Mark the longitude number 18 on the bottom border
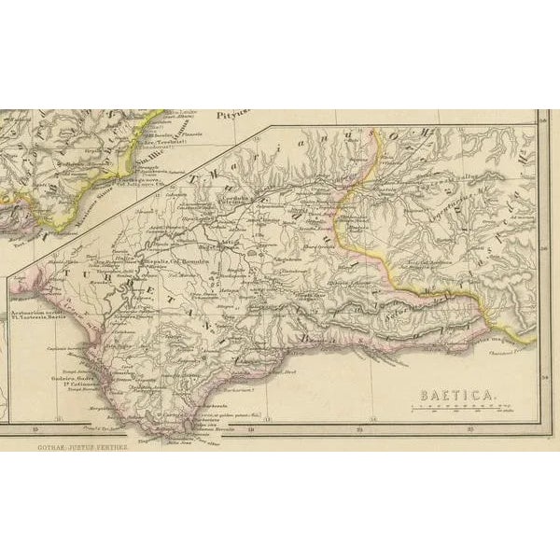[252, 429]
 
